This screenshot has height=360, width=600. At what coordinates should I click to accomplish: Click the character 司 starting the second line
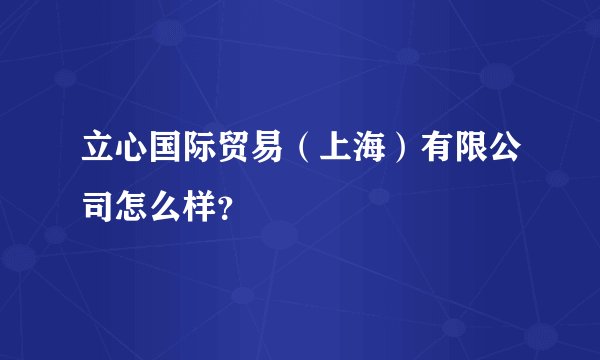click(97, 206)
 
